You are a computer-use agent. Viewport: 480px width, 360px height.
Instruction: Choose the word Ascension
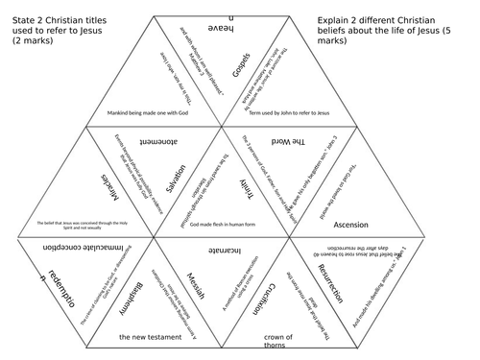349,225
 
